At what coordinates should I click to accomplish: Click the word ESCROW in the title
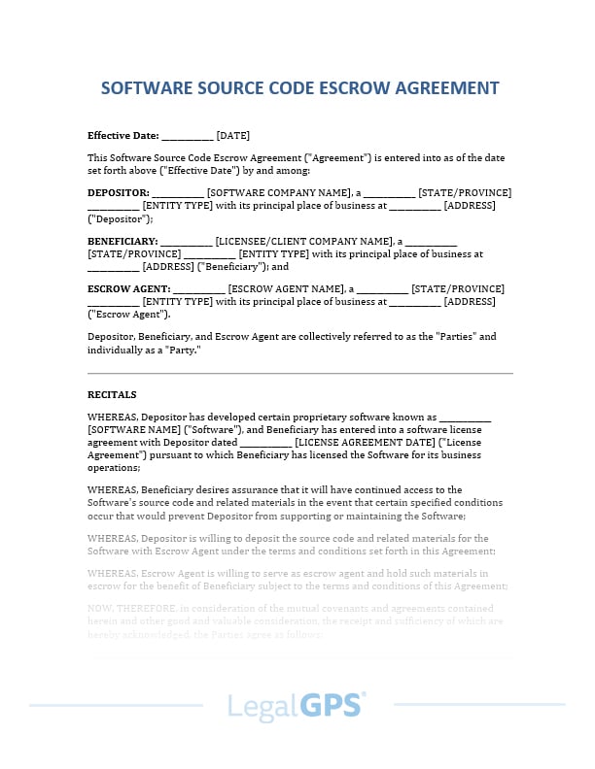click(x=354, y=88)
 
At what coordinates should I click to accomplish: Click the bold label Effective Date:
click(x=122, y=136)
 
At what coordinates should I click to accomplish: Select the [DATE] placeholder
click(x=232, y=136)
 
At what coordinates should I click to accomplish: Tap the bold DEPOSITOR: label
click(x=119, y=193)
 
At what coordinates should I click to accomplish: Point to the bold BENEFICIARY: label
click(x=122, y=241)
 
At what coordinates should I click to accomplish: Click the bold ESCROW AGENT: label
click(x=128, y=289)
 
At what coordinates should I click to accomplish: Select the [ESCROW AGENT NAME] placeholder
click(x=287, y=289)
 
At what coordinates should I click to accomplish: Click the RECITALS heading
click(x=112, y=395)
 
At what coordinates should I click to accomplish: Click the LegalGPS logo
click(x=297, y=705)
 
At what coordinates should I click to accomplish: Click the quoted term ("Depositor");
click(x=121, y=218)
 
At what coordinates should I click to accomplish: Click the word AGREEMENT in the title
click(x=446, y=88)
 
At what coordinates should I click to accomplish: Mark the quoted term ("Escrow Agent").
click(x=129, y=315)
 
